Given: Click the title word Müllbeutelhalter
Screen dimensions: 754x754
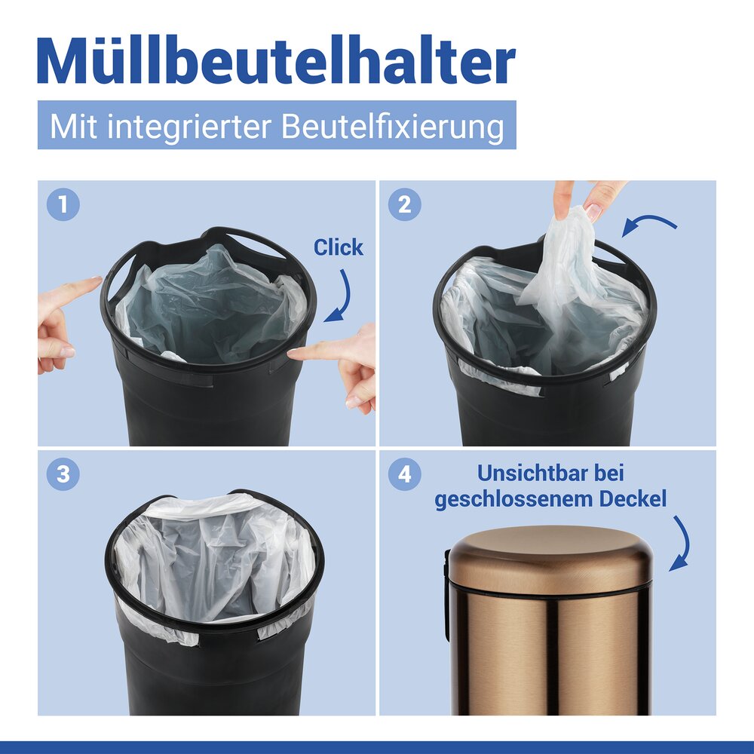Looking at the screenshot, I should click(276, 62).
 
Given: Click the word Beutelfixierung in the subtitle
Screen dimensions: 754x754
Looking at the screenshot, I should click(393, 126).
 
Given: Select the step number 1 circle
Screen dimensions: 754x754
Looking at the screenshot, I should click(63, 205).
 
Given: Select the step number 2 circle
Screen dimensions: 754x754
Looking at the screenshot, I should click(404, 205).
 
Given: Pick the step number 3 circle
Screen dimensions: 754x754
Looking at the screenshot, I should click(63, 474).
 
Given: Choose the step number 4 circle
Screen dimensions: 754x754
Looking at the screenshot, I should click(404, 474).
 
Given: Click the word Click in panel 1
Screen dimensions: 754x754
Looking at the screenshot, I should click(339, 247).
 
